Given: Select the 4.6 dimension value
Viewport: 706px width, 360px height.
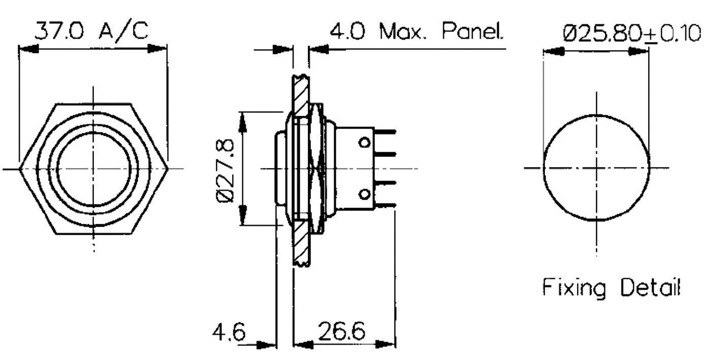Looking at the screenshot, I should (229, 333).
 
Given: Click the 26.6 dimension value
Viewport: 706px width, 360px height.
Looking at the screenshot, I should (342, 333).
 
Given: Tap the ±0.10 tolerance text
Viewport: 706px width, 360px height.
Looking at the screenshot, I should (673, 34).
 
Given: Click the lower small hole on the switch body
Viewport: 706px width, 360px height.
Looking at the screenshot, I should (364, 193).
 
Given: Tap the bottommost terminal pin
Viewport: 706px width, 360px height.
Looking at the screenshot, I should (386, 206).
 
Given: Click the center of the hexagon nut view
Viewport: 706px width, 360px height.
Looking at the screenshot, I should (93, 168).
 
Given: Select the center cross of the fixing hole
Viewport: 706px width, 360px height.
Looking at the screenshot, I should (596, 168).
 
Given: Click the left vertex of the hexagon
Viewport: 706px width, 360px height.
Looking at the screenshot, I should (19, 168).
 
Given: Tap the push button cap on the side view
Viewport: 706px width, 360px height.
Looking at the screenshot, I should (280, 168).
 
